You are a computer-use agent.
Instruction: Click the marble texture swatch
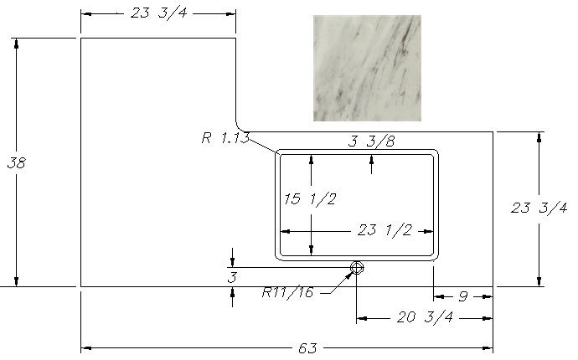(366, 68)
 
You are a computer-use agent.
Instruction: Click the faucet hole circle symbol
(357, 268)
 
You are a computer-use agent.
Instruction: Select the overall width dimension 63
(307, 347)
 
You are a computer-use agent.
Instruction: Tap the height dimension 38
(16, 163)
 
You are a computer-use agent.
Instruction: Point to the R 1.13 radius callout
(224, 138)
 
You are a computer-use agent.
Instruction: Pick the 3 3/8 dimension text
(371, 141)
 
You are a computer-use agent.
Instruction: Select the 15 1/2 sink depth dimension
(310, 199)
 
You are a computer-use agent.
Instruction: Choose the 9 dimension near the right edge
(462, 296)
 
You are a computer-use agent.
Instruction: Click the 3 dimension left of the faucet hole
(232, 276)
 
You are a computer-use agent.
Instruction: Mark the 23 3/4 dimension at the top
(159, 13)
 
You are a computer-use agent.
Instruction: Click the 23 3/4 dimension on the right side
(539, 208)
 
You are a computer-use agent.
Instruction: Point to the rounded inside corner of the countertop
(240, 126)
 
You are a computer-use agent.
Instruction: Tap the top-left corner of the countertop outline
(80, 38)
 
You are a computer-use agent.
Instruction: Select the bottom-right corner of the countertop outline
(493, 287)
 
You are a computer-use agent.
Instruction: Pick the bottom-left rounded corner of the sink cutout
(281, 256)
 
